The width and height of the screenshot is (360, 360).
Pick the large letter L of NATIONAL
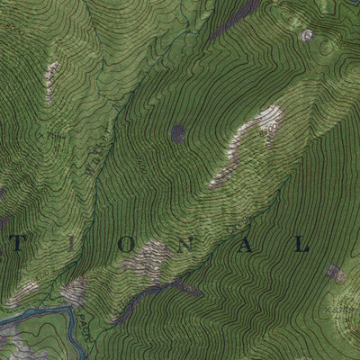click(301, 245)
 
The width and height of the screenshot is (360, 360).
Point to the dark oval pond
click(177, 133)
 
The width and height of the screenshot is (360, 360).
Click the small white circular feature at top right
click(308, 36)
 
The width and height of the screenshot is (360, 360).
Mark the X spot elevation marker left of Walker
click(57, 138)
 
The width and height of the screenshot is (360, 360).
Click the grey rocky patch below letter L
click(335, 273)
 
